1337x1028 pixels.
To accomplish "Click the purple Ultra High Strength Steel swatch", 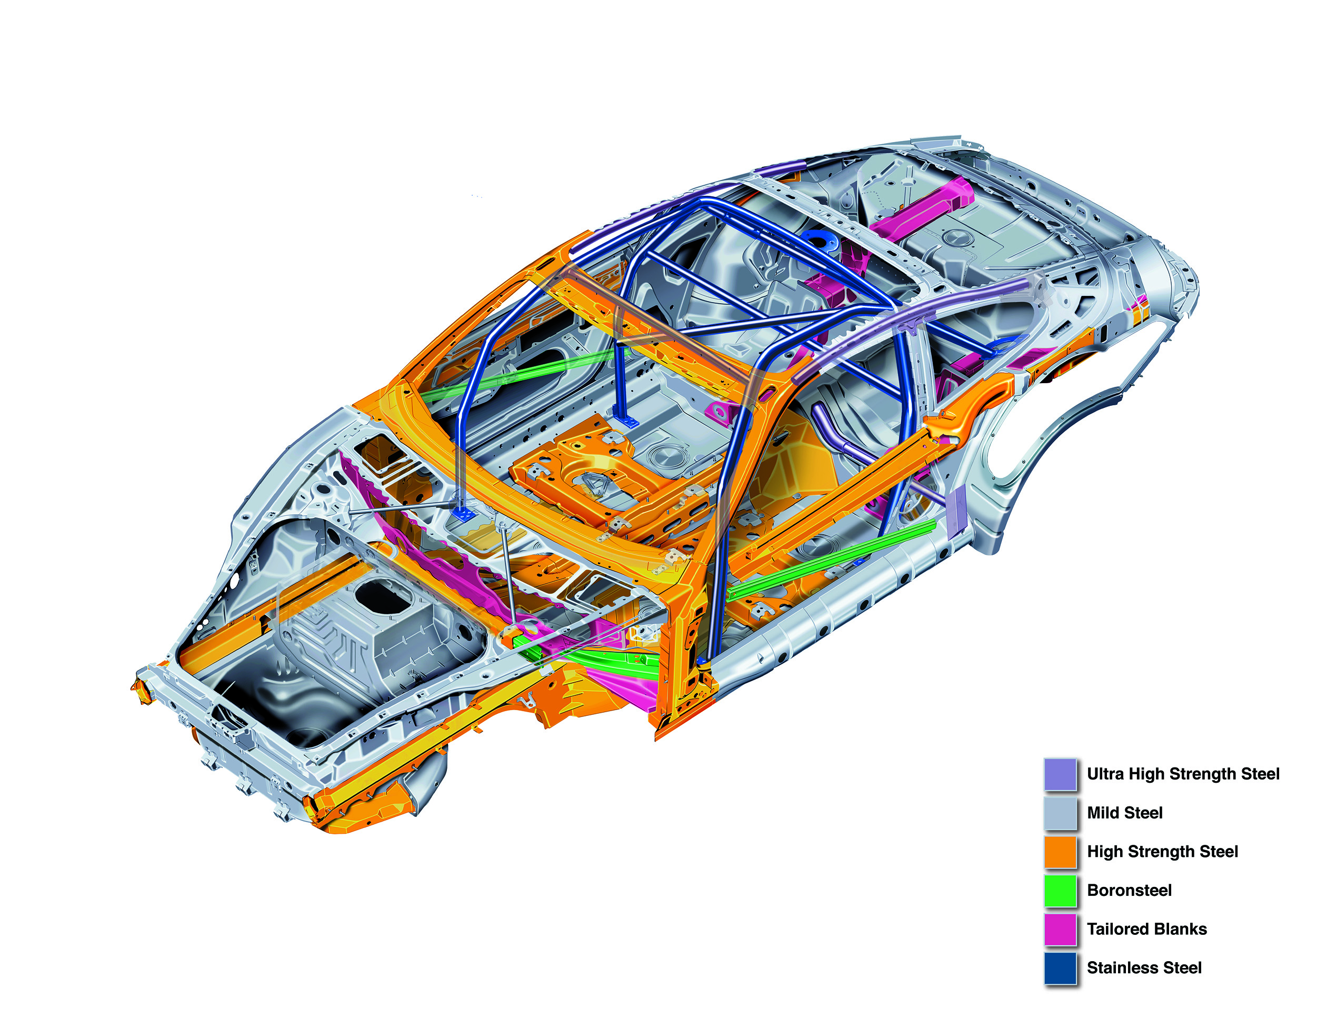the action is [x=1060, y=774].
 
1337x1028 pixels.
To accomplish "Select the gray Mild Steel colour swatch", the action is [x=1060, y=813].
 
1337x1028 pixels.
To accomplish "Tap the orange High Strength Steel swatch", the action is [x=1060, y=852].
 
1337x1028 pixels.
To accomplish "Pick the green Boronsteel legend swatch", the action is [x=1060, y=890].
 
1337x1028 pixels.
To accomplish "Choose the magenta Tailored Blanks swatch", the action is [x=1060, y=929].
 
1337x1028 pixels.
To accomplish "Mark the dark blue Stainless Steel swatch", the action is [x=1060, y=968].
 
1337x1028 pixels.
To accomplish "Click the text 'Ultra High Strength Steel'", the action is [x=1183, y=774].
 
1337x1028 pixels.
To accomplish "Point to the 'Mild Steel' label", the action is [x=1125, y=813].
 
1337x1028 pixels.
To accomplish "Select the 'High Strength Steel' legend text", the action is [x=1162, y=852].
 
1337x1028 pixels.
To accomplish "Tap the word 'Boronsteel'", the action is [x=1130, y=890].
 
